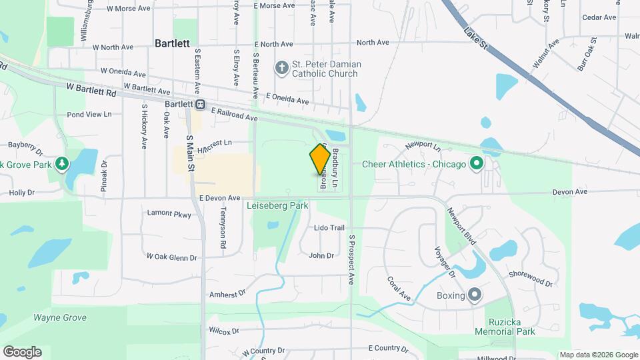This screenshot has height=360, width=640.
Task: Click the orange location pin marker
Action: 320,159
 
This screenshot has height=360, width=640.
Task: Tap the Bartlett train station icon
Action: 200,105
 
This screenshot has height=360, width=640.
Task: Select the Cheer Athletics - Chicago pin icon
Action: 476,163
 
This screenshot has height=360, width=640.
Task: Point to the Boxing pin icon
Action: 474,295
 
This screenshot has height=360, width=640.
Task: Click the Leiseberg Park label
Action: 277,206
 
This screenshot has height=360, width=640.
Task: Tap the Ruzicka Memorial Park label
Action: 505,326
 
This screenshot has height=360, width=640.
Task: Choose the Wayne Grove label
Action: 60,318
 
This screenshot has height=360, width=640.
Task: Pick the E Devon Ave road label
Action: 219,198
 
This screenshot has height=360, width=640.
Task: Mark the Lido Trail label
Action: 329,228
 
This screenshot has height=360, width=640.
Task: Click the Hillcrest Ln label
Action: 214,143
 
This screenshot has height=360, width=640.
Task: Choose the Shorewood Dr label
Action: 531,279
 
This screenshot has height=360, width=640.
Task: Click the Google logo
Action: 22,352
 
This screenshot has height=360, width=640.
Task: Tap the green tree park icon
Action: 62,163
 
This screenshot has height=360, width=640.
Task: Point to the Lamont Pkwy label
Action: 169,215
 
